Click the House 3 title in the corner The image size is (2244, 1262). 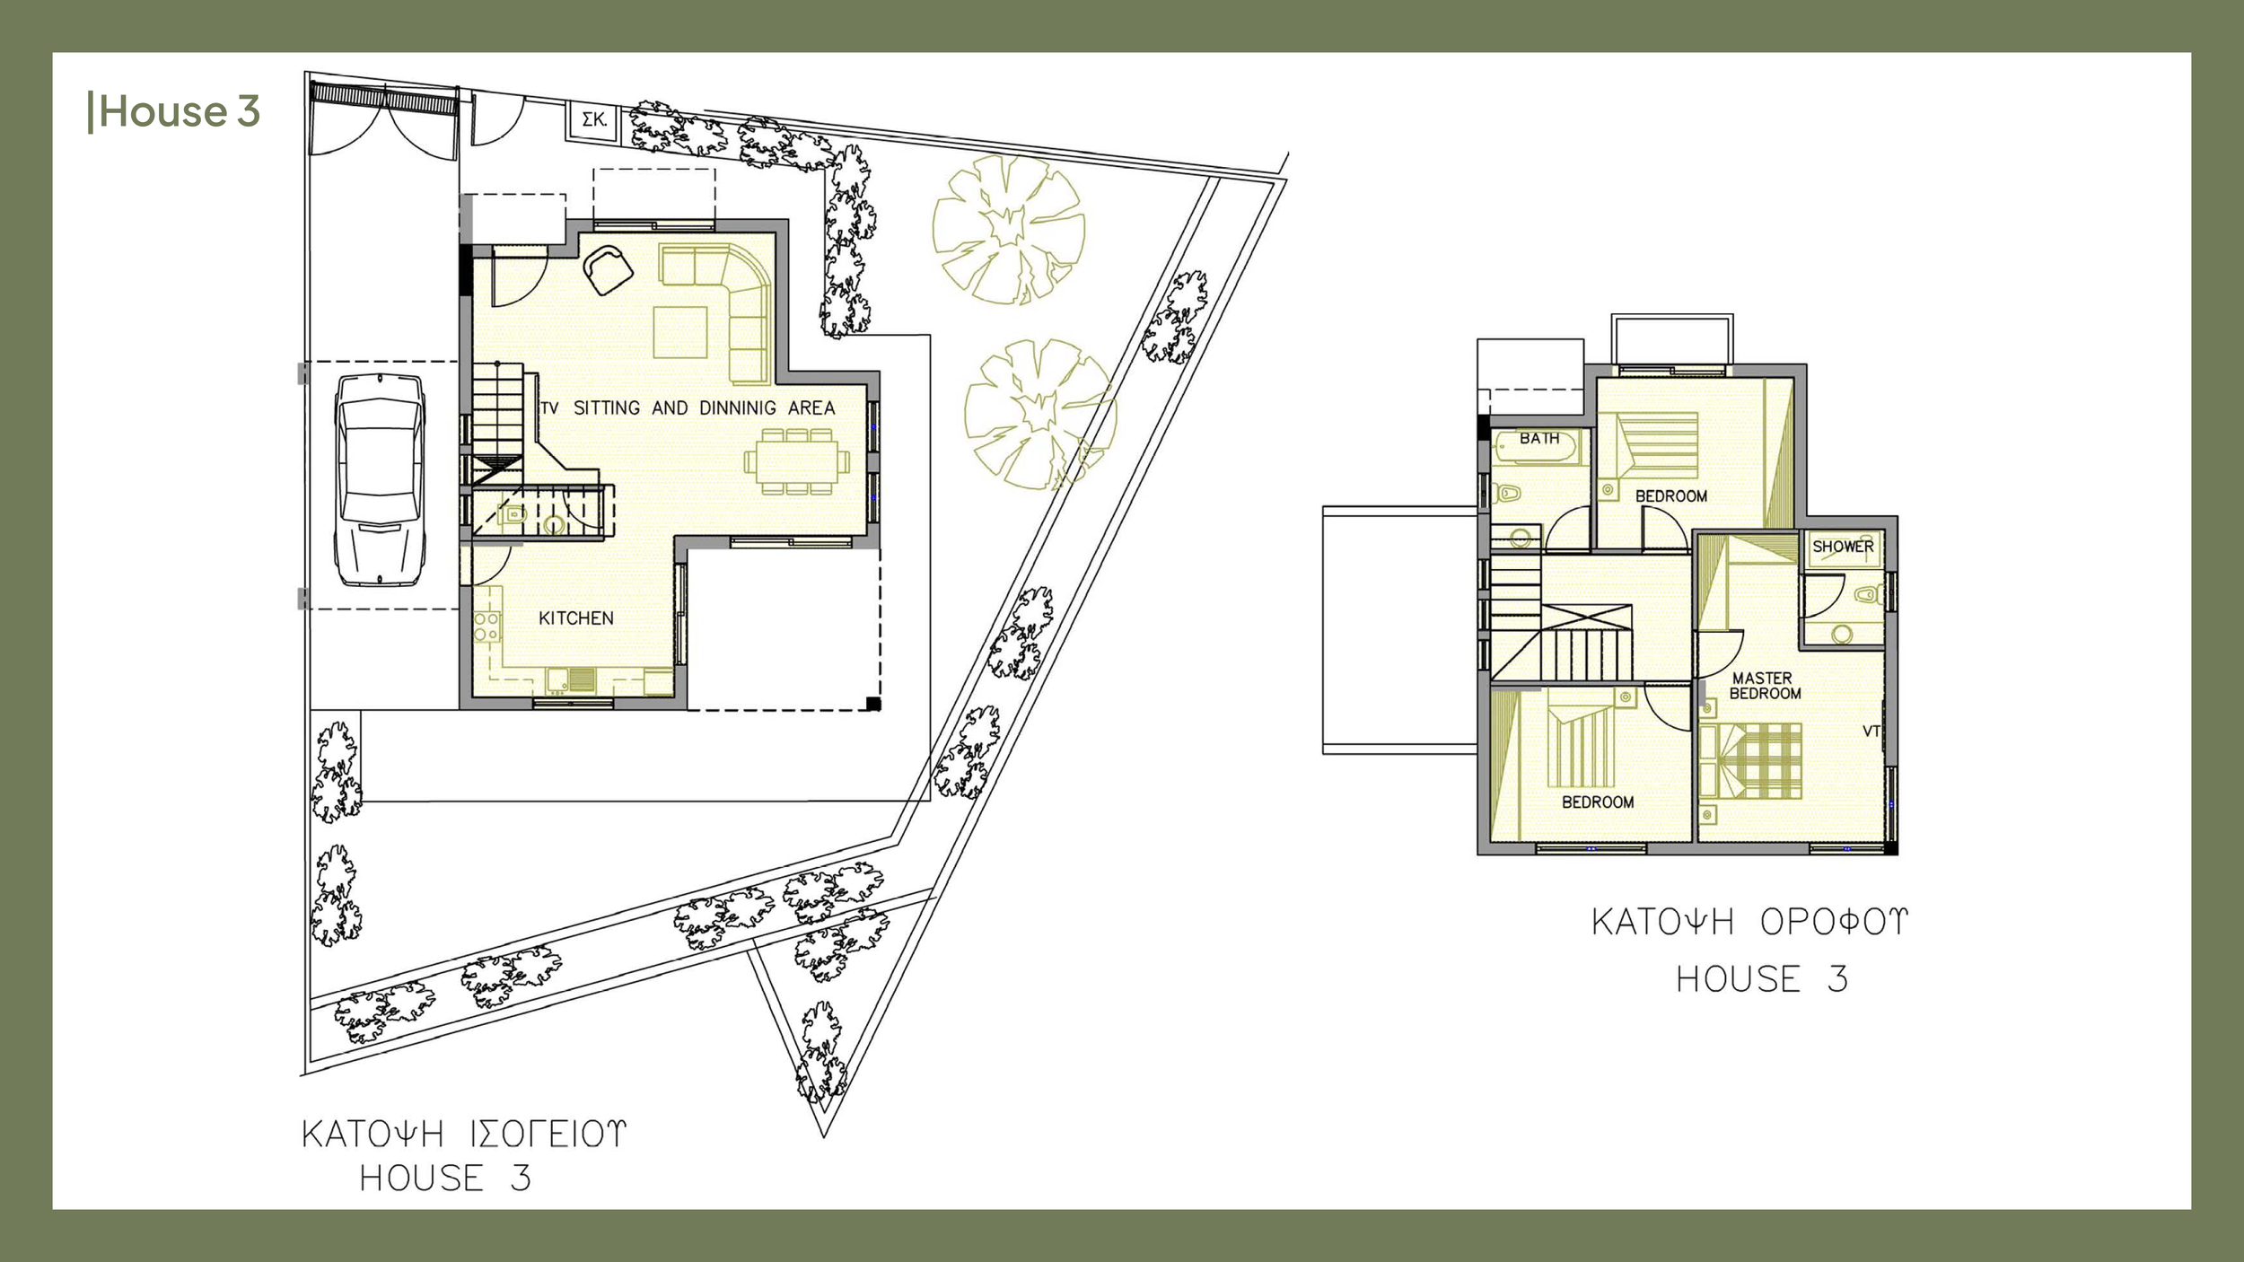[x=175, y=111]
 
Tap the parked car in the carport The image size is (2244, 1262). [x=380, y=480]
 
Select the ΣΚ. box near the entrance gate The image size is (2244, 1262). [x=593, y=120]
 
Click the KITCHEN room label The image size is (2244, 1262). [x=575, y=618]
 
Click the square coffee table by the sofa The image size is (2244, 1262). [x=679, y=332]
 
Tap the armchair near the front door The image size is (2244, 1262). [x=608, y=268]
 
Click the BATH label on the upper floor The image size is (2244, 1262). [x=1538, y=438]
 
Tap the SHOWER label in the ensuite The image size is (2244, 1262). [x=1843, y=546]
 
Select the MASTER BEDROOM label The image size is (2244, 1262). [x=1764, y=686]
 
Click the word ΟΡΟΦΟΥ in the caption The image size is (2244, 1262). [x=1833, y=922]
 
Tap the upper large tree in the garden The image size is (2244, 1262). [x=1007, y=229]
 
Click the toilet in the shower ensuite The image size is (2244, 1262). [x=1868, y=594]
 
